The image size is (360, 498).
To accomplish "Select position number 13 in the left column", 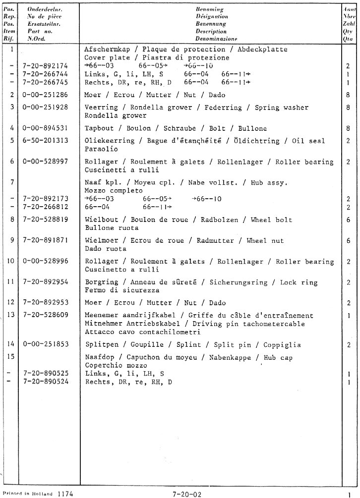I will [x=11, y=316].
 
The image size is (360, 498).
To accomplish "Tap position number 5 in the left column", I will [x=11, y=141].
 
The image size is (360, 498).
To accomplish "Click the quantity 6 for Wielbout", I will [x=348, y=220].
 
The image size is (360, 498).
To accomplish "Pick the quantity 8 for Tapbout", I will [x=348, y=128].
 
